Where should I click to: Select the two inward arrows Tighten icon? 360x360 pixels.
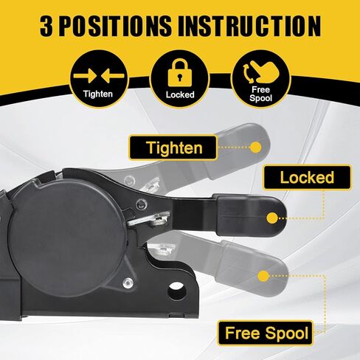(97, 75)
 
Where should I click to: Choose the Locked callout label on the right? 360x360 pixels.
(306, 178)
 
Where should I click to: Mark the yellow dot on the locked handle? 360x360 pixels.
(272, 218)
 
